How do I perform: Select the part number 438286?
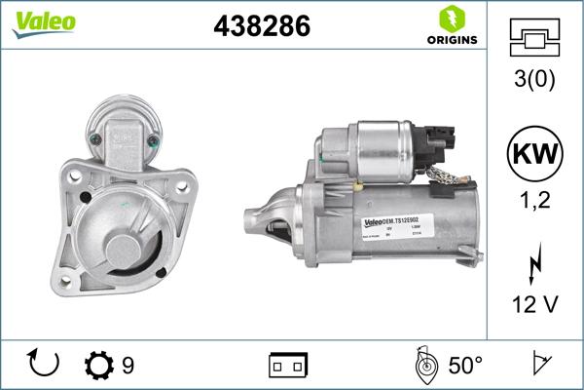[261, 27]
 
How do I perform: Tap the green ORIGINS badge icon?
[450, 19]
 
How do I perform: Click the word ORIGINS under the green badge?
[451, 40]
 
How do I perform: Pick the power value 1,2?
[534, 201]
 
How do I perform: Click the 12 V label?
[534, 305]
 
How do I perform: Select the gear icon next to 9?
[98, 366]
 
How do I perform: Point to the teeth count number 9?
[128, 366]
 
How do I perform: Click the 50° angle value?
[464, 366]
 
